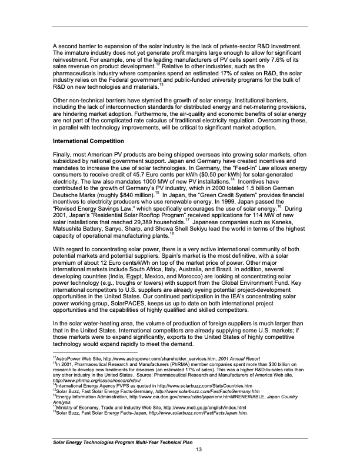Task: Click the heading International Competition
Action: pos(88,142)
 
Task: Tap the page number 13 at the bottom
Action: pos(199,450)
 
